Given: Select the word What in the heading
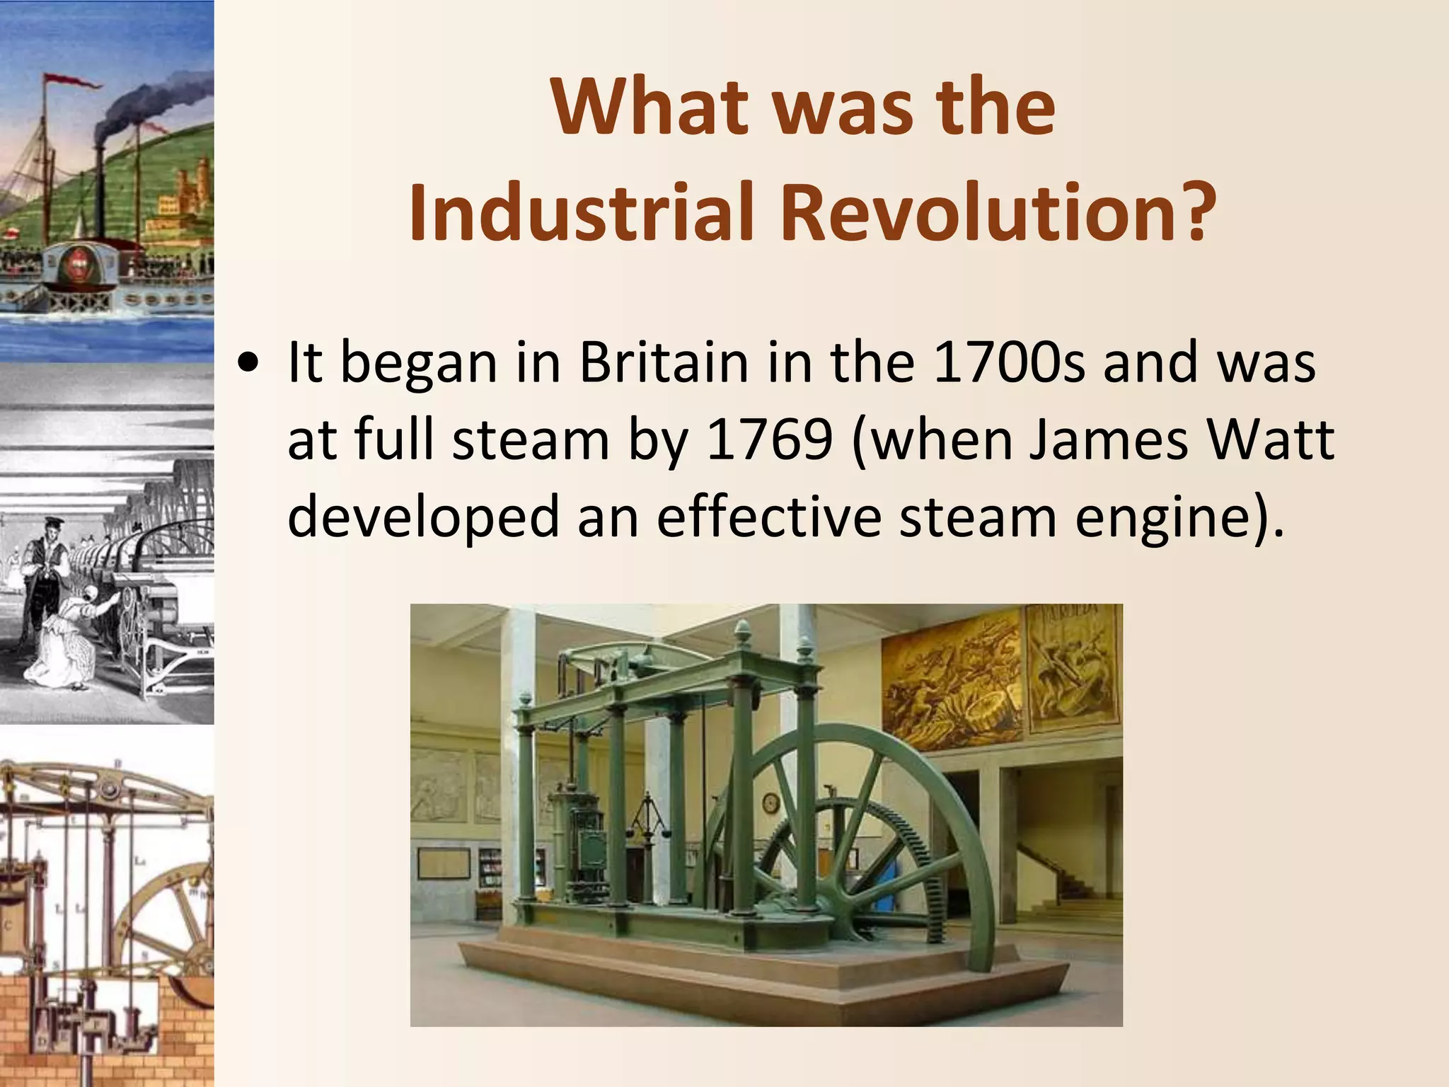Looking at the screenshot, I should [x=650, y=108].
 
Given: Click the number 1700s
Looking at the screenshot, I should [x=1009, y=362].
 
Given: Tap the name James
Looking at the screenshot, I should [x=1108, y=440].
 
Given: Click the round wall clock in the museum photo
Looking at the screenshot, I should [x=770, y=803].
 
